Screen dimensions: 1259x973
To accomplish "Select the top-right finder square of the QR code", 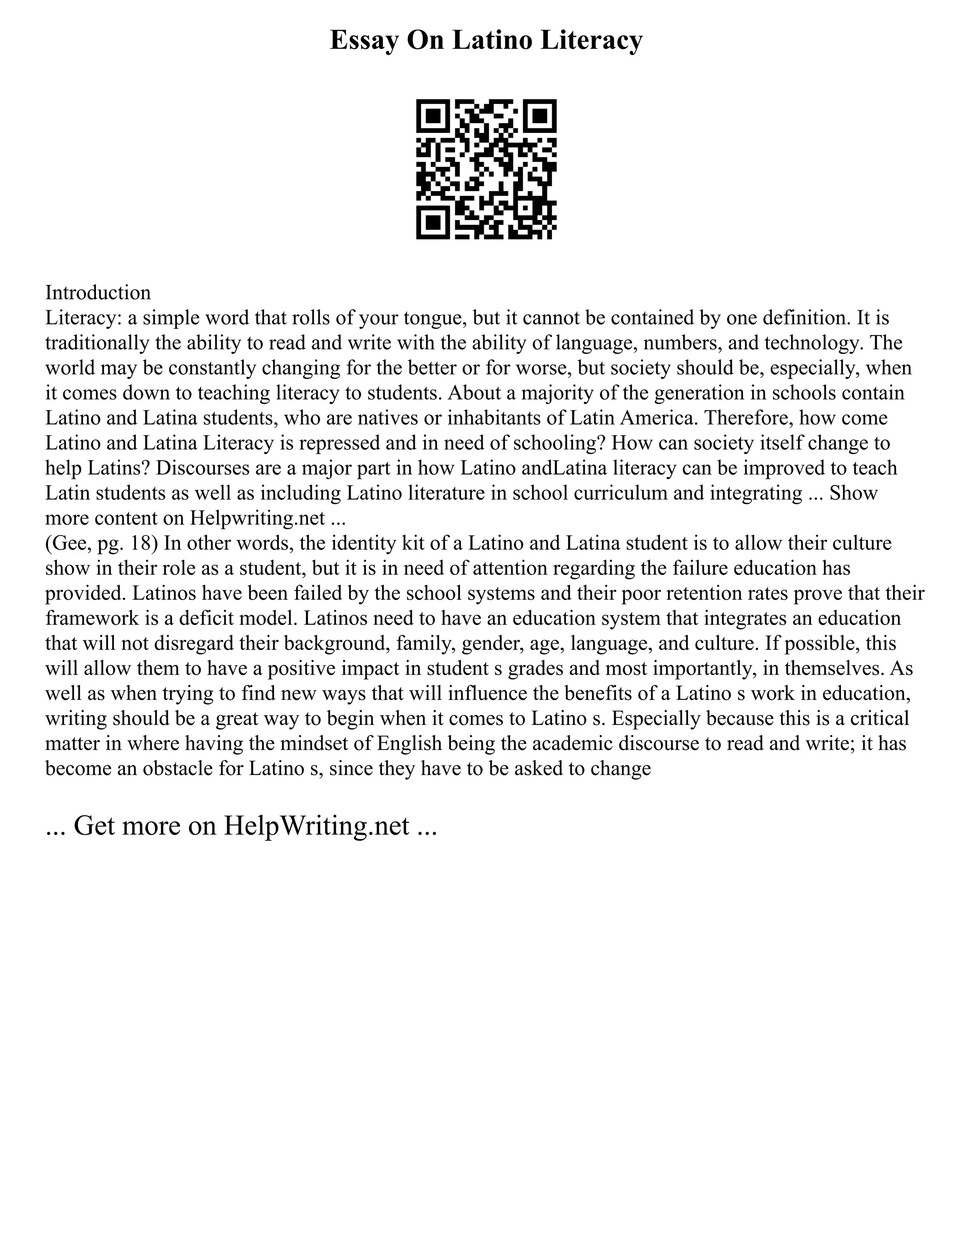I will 540,116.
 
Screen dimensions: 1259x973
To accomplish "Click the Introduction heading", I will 98,293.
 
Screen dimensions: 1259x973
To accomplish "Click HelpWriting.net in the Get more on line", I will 316,826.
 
